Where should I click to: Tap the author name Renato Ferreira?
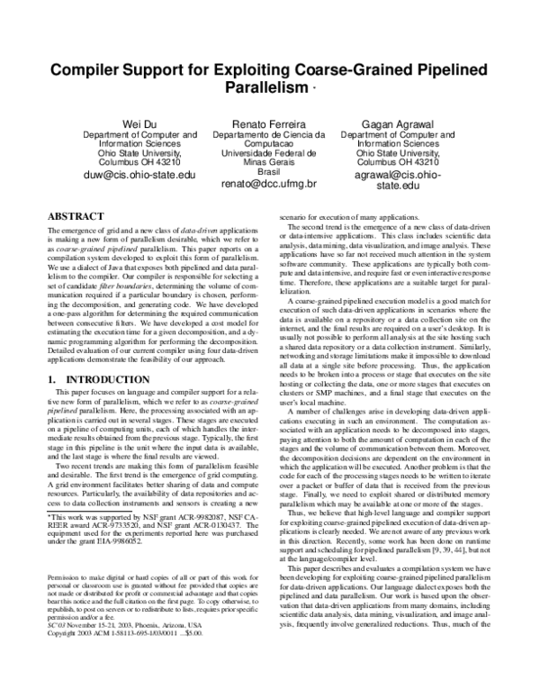click(x=268, y=123)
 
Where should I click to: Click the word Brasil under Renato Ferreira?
click(x=269, y=171)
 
